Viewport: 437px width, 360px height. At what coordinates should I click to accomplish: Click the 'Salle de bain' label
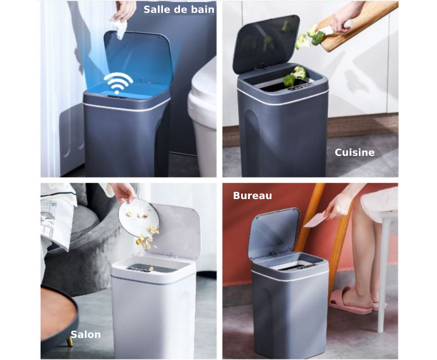click(x=179, y=10)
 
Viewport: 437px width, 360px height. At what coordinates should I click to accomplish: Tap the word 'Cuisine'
click(x=355, y=152)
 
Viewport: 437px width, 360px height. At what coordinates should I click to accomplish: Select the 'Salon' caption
click(x=85, y=334)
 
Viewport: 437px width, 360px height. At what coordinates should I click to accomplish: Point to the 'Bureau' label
click(x=252, y=195)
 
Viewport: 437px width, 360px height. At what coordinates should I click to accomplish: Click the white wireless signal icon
click(x=118, y=82)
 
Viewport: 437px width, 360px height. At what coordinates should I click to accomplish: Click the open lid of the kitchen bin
click(x=266, y=43)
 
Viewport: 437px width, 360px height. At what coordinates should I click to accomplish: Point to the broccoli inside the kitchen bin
click(x=295, y=76)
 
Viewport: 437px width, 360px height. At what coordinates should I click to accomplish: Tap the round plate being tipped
click(x=138, y=218)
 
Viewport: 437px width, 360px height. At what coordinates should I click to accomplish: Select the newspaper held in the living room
click(x=56, y=220)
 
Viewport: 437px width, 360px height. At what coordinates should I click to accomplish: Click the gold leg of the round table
click(x=70, y=341)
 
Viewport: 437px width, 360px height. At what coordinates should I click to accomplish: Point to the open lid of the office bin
click(x=274, y=233)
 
